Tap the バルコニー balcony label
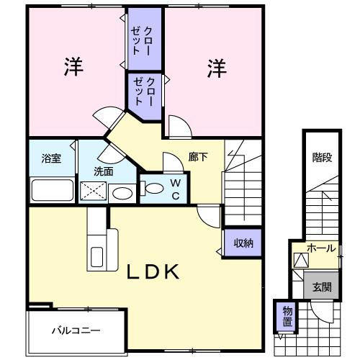(x=76, y=331)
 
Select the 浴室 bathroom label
(x=51, y=159)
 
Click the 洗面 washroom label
(x=103, y=171)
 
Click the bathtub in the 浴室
(x=52, y=190)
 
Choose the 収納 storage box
(x=243, y=243)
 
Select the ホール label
(x=320, y=248)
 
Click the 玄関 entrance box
(x=321, y=286)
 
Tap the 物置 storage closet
(x=287, y=316)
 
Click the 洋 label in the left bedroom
(x=74, y=68)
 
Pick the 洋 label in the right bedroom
(x=217, y=69)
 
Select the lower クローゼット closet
(x=142, y=90)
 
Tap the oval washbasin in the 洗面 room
(x=122, y=193)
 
